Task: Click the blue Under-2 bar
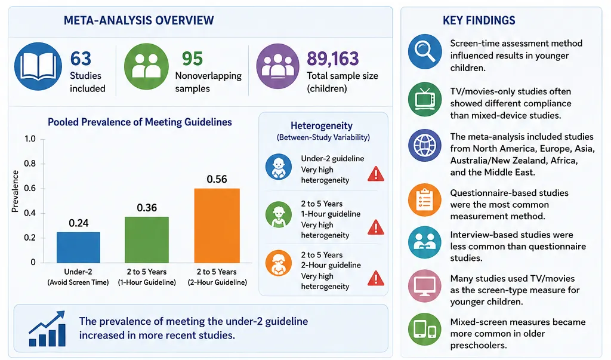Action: pos(78,247)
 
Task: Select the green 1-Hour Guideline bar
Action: pos(147,239)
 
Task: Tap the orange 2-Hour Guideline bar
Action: pos(217,226)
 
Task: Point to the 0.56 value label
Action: pos(217,179)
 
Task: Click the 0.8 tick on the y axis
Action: pos(30,164)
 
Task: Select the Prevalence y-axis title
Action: pos(15,191)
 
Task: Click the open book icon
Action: pos(38,67)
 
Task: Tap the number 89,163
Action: pos(332,59)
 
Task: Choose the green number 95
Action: pos(192,59)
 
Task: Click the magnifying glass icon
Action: pos(425,51)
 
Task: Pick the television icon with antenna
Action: pos(425,99)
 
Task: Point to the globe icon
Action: pos(425,146)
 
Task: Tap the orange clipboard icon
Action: pos(425,199)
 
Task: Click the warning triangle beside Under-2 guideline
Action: pos(376,174)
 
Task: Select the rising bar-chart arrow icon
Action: pos(47,329)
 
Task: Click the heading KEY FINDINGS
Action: pos(479,20)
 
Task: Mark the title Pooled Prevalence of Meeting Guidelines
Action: pos(140,122)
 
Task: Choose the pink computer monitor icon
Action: pos(425,286)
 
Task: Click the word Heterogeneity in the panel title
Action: pos(322,125)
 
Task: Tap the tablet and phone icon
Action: pos(425,329)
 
